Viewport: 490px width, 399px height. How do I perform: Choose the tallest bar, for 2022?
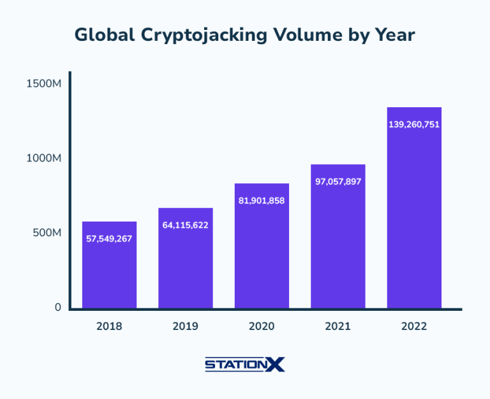click(x=414, y=211)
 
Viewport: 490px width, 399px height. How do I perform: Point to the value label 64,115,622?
click(x=185, y=225)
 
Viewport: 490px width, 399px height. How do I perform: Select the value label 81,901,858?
click(x=262, y=200)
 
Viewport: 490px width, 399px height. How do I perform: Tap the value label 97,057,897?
click(x=338, y=181)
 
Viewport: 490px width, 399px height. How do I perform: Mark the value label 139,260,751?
click(x=414, y=124)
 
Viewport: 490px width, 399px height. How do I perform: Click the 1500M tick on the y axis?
click(x=43, y=83)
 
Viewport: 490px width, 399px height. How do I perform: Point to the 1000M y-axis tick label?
click(x=43, y=158)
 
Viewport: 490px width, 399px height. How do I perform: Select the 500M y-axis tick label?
click(x=47, y=233)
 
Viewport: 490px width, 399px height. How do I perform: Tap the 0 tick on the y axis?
click(x=57, y=307)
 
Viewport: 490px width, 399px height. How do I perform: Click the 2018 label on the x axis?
click(x=109, y=326)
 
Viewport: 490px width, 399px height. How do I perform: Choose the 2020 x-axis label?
click(x=262, y=326)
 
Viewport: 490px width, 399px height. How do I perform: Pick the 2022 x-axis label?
click(x=414, y=326)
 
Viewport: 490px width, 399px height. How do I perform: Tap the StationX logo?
click(x=245, y=365)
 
